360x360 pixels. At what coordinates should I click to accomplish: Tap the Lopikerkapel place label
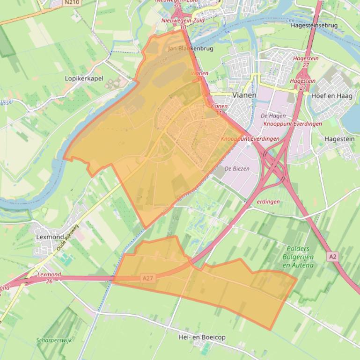click(x=84, y=79)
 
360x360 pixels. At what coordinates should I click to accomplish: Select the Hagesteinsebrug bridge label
click(x=314, y=25)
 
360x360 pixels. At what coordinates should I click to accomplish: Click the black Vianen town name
click(x=244, y=95)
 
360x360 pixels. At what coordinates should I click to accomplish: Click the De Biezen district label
click(x=237, y=168)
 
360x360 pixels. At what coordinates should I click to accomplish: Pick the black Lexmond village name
click(x=50, y=237)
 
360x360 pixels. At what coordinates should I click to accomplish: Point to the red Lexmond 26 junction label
click(x=49, y=278)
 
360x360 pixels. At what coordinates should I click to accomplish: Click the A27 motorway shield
click(x=147, y=278)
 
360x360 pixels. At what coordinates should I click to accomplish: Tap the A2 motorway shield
click(x=332, y=257)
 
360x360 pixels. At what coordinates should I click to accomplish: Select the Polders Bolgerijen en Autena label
click(x=298, y=257)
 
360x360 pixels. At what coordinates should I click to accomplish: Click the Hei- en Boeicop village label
click(x=202, y=337)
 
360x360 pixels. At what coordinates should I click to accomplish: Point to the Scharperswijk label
click(x=54, y=340)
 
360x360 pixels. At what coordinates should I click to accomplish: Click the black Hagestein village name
click(x=339, y=139)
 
